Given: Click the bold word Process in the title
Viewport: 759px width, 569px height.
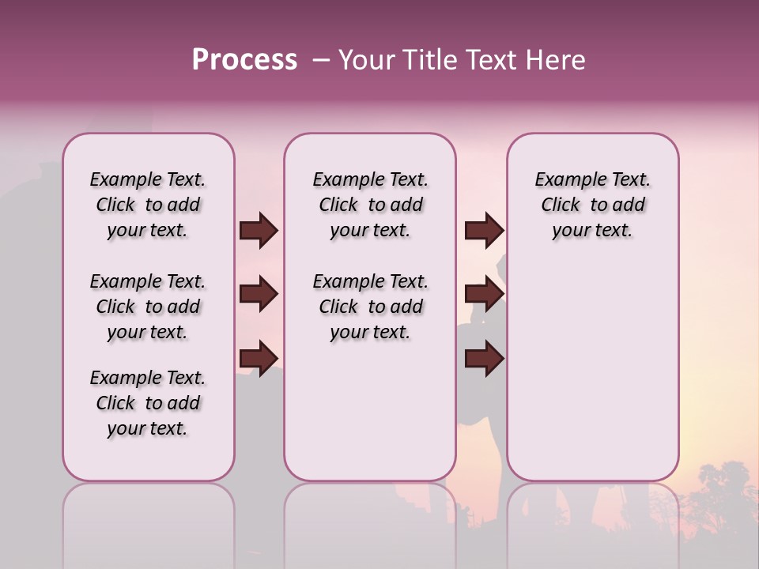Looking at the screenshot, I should [x=244, y=60].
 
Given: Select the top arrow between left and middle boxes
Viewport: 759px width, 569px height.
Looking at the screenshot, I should [x=259, y=231].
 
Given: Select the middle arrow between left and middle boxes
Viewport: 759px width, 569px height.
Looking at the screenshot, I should [x=259, y=294].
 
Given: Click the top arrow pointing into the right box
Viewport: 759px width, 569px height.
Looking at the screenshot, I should [x=484, y=231].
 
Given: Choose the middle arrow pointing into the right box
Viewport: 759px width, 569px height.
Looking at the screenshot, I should [x=484, y=294].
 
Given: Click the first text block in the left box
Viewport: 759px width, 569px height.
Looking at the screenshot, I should [x=148, y=205].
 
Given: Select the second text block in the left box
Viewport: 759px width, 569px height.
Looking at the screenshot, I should [x=148, y=307].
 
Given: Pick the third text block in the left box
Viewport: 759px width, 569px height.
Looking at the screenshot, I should [x=148, y=403].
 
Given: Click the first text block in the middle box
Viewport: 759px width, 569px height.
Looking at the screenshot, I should [x=370, y=205].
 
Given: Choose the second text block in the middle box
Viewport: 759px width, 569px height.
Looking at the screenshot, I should [x=370, y=307].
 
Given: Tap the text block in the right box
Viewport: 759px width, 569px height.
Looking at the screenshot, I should [x=592, y=205].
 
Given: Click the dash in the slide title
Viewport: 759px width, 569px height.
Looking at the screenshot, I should [x=321, y=60].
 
